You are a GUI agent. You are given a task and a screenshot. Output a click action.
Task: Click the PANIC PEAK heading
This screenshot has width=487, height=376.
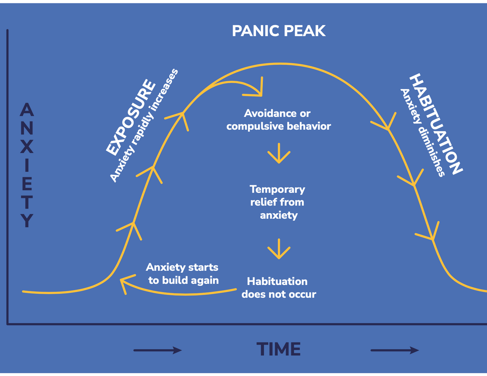pos(279,31)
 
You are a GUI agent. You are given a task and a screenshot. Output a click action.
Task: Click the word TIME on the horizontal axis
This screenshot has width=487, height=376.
pos(279,349)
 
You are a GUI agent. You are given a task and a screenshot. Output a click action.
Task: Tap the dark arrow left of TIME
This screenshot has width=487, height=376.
pos(158,350)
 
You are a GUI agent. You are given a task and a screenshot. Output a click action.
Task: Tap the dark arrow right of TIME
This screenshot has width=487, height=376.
pos(395,350)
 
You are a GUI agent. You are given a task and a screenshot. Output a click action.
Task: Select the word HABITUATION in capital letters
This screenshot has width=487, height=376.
pos(435,124)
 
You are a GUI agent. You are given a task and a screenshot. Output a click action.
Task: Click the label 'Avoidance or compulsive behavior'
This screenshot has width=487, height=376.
pos(278,120)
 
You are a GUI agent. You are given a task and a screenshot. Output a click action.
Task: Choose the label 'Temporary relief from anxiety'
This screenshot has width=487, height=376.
pos(278,202)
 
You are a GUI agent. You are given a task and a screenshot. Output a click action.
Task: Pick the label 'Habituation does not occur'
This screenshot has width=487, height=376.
pos(278,288)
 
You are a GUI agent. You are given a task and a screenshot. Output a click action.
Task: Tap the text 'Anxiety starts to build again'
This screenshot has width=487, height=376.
pos(183,274)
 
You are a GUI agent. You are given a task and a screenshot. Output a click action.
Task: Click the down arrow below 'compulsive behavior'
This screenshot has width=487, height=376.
pos(279,153)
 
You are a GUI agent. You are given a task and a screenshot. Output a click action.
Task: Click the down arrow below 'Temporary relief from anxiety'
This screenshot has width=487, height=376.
pos(279,249)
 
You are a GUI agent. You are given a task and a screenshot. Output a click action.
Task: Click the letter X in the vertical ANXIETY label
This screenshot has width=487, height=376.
pos(27,147)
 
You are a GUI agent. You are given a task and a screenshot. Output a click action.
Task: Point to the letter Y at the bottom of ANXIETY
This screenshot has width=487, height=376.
pos(27,221)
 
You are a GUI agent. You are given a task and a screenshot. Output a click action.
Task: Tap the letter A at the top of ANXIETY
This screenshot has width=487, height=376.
pos(27,110)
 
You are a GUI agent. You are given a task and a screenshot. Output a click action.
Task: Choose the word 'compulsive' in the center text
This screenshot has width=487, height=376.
pos(253,126)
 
